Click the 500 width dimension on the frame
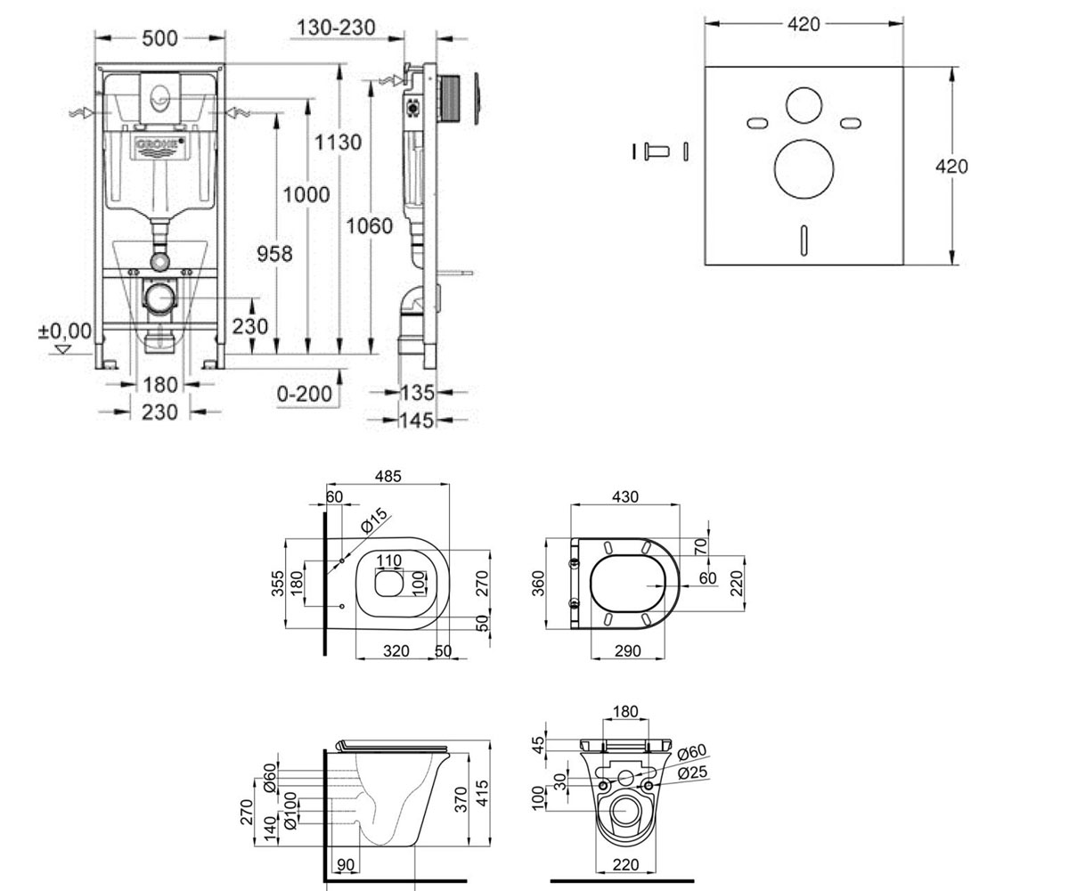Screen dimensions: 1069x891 (x=159, y=38)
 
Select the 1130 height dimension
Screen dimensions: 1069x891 (x=338, y=142)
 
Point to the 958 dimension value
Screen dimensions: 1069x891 (x=274, y=253)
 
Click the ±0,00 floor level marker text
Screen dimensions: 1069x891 (x=65, y=331)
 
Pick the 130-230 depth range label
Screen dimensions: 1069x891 (x=336, y=28)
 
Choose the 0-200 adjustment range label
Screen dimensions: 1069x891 (x=305, y=394)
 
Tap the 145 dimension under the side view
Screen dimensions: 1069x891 (x=417, y=421)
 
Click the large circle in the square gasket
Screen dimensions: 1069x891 (x=804, y=169)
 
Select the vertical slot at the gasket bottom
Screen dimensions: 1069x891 (x=804, y=241)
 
